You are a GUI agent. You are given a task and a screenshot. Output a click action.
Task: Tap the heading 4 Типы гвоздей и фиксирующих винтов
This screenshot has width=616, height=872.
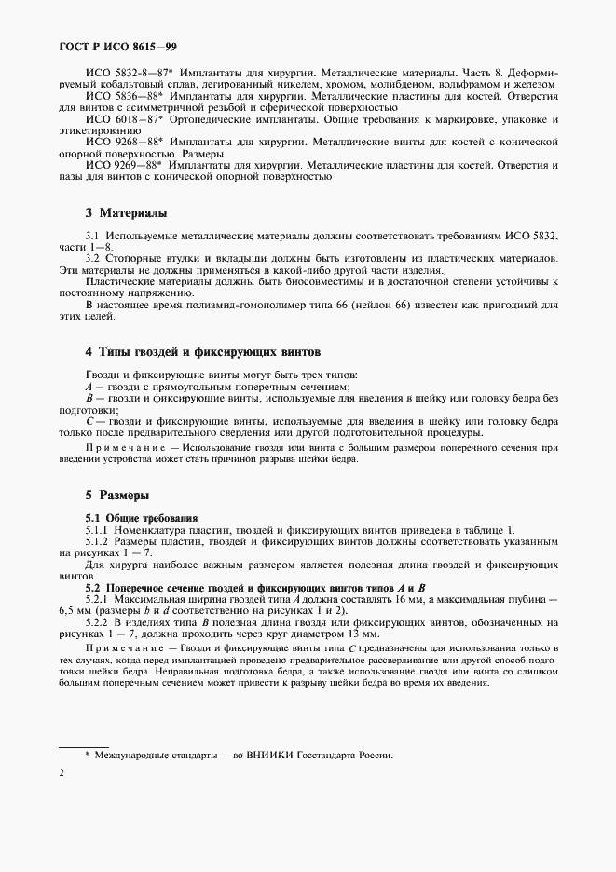tap(202, 353)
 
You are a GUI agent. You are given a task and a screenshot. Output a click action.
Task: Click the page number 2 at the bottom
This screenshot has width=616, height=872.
tap(61, 772)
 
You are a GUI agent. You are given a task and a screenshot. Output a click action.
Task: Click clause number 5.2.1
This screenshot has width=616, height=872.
tap(98, 598)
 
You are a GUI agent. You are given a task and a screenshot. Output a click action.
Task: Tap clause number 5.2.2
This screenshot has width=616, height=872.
tap(98, 621)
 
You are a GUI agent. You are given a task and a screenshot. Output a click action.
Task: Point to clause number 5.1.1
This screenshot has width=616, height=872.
tap(98, 529)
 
